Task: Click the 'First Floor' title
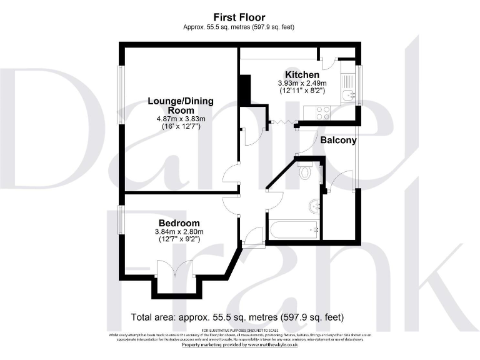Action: pos(239,17)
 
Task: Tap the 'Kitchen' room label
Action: pos(302,74)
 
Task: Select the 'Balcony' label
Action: pos(338,140)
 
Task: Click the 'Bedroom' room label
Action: pos(179,223)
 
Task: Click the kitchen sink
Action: pos(349,95)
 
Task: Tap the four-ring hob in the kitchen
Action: pos(323,113)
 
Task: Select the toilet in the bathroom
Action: pos(306,171)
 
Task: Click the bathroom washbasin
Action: pos(314,205)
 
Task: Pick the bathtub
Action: pos(294,229)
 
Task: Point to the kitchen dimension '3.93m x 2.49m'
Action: pos(302,83)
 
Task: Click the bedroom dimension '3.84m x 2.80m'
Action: pos(179,232)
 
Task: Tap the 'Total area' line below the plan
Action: pos(237,317)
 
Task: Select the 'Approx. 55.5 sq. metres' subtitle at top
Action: pos(239,27)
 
